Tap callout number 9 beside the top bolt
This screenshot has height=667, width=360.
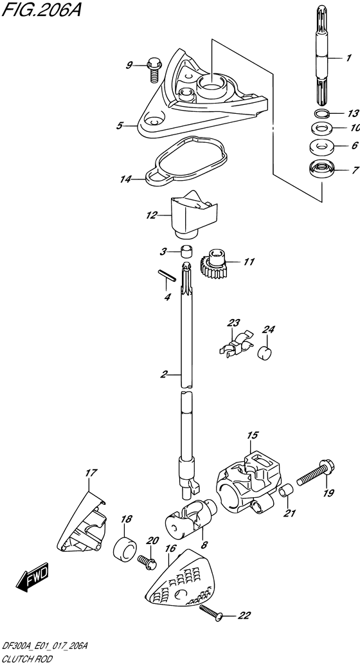129,65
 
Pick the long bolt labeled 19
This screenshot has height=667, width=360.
316,473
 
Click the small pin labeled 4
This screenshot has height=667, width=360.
166,275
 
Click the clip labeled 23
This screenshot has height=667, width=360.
237,343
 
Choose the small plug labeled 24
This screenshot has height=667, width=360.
265,353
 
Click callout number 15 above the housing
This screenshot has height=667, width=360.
253,435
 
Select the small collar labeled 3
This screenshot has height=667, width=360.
186,252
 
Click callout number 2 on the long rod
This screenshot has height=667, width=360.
165,375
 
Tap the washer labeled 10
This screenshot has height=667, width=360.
321,127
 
